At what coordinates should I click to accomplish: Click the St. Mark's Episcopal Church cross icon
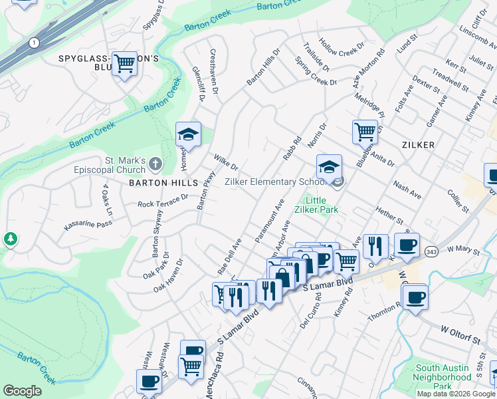click(x=154, y=163)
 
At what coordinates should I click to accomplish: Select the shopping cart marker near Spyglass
click(x=124, y=64)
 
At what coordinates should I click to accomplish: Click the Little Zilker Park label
click(x=322, y=205)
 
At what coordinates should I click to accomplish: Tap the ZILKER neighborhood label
click(x=417, y=144)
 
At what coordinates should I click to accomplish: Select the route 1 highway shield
click(x=33, y=43)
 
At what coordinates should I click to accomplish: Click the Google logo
click(x=22, y=391)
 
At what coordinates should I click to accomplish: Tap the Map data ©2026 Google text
click(x=455, y=394)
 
